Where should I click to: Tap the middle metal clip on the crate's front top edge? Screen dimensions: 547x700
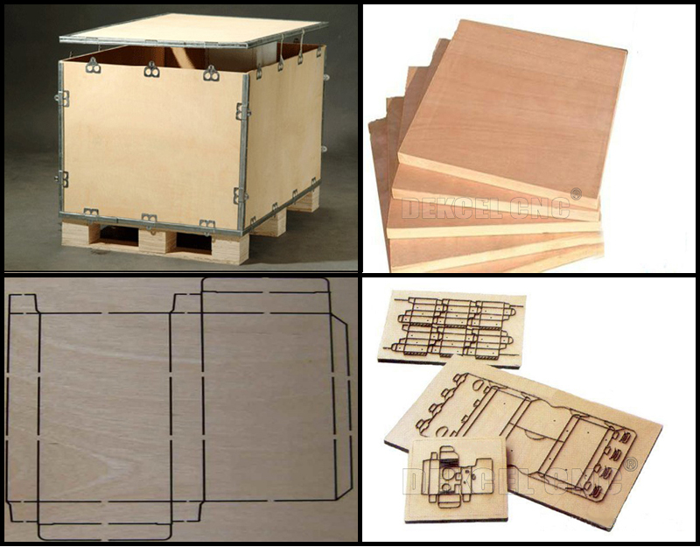[x=151, y=68]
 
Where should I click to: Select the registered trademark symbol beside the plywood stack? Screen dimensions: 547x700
[x=576, y=193]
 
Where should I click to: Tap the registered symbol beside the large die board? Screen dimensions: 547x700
[x=631, y=464]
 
